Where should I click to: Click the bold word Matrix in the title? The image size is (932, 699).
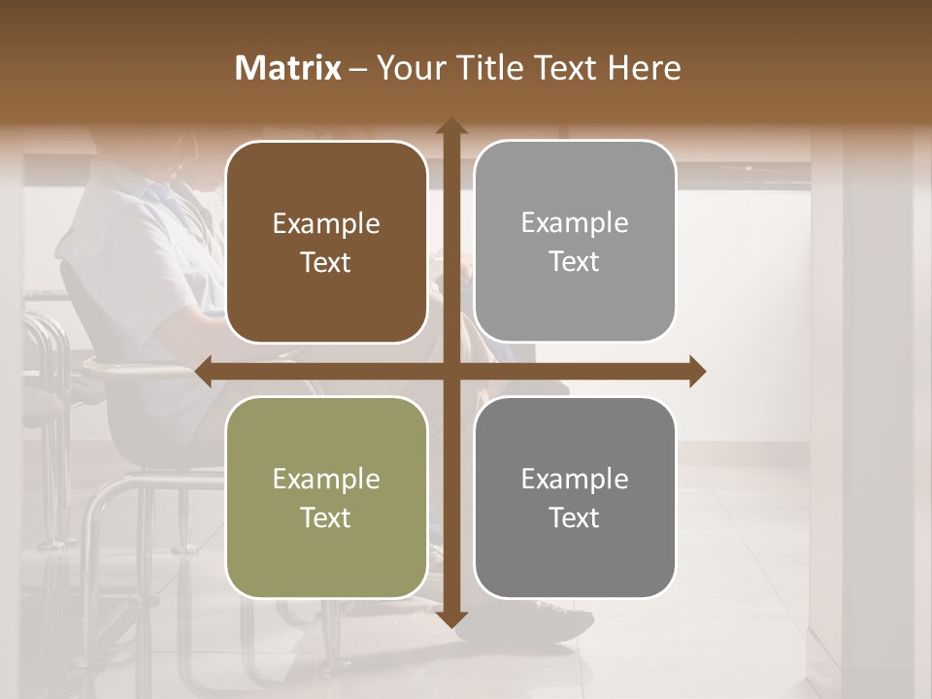288,68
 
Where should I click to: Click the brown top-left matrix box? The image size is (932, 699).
326,242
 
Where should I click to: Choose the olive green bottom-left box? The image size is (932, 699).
326,497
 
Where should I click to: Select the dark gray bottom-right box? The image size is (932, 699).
575,497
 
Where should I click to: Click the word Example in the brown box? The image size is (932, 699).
326,224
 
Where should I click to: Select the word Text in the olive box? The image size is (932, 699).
326,517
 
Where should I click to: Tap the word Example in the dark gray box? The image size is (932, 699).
575,479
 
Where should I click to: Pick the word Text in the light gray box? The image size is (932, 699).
575,261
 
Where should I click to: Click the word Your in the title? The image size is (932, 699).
409,68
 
